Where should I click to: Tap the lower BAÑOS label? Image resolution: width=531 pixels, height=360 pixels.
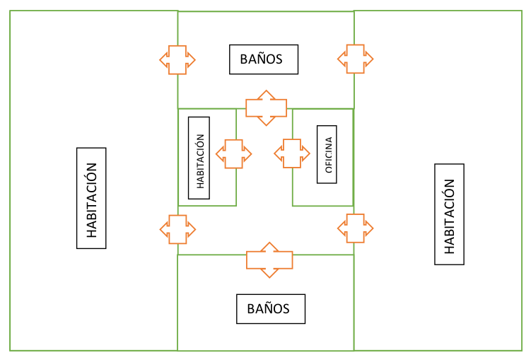pyautogui.click(x=271, y=309)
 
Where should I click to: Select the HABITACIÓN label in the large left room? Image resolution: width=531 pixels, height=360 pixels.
pyautogui.click(x=91, y=198)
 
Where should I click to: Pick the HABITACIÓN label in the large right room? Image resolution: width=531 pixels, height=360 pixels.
pyautogui.click(x=449, y=214)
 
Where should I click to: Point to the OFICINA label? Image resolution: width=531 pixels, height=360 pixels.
pyautogui.click(x=327, y=154)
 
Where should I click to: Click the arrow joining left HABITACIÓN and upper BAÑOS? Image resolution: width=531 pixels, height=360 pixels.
pyautogui.click(x=177, y=59)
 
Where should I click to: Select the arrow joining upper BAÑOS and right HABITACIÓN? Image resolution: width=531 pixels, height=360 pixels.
pyautogui.click(x=355, y=58)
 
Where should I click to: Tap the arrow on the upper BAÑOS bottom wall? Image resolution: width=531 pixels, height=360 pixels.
pyautogui.click(x=266, y=108)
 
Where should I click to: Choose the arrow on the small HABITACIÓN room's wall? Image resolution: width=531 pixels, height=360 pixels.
pyautogui.click(x=234, y=153)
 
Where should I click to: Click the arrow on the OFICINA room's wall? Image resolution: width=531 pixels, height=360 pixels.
pyautogui.click(x=292, y=153)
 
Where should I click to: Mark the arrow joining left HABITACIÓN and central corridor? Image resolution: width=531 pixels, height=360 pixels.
pyautogui.click(x=177, y=228)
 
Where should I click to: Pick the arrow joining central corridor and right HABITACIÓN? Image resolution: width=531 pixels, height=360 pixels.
pyautogui.click(x=355, y=228)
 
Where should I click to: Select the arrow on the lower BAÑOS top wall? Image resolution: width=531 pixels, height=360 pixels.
pyautogui.click(x=269, y=260)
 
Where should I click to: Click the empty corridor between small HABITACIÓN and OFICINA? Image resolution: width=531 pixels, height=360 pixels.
pyautogui.click(x=264, y=177)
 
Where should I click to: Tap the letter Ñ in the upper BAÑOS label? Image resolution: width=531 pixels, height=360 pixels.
pyautogui.click(x=261, y=59)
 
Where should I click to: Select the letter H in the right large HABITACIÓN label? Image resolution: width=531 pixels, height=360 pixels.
pyautogui.click(x=449, y=250)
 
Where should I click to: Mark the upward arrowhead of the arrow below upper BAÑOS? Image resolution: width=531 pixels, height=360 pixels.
pyautogui.click(x=266, y=95)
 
